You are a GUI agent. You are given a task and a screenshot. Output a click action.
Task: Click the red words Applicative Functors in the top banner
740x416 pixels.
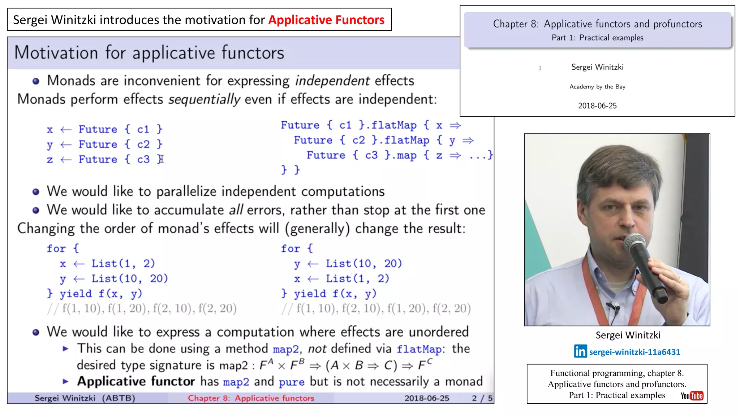point(326,20)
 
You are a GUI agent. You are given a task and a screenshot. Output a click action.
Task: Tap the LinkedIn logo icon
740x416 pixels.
point(580,351)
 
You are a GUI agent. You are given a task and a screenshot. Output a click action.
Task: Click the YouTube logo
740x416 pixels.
point(692,396)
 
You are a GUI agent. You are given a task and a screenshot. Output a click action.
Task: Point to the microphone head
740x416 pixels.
point(634,242)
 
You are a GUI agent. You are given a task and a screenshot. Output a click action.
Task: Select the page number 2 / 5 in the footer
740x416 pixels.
point(482,398)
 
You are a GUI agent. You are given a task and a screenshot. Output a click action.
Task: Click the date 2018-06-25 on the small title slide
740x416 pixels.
point(597,106)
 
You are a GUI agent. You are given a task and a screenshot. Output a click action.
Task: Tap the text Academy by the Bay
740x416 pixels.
point(597,87)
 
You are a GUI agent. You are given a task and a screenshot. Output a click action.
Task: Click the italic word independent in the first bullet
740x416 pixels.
point(332,81)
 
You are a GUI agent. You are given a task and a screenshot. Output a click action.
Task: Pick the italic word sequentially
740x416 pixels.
point(204,99)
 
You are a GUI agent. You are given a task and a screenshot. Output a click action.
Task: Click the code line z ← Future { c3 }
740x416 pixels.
point(105,159)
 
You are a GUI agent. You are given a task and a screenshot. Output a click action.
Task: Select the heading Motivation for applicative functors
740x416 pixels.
point(149,53)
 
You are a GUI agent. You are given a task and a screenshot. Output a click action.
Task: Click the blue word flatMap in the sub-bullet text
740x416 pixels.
point(419,349)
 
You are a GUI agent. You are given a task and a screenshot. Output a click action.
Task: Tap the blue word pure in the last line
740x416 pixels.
point(291,382)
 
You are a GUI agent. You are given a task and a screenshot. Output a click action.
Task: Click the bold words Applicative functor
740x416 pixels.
point(136,381)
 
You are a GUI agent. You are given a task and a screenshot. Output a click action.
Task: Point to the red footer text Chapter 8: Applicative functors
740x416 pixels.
point(251,398)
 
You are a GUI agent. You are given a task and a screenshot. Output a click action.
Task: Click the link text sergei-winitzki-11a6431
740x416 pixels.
point(634,352)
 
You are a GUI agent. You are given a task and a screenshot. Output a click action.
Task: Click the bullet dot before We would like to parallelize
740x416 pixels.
point(36,192)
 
